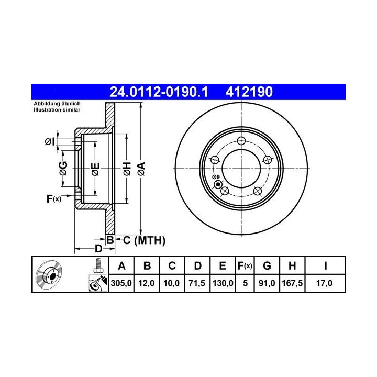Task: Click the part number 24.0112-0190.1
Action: click(159, 92)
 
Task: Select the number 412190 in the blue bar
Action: click(249, 92)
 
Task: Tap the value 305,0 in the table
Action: click(121, 283)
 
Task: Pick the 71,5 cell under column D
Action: click(197, 283)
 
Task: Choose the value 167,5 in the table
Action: click(292, 283)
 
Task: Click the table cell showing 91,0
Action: click(267, 283)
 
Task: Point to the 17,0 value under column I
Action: click(324, 283)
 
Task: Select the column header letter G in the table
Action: click(267, 266)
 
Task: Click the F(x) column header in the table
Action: click(245, 266)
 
